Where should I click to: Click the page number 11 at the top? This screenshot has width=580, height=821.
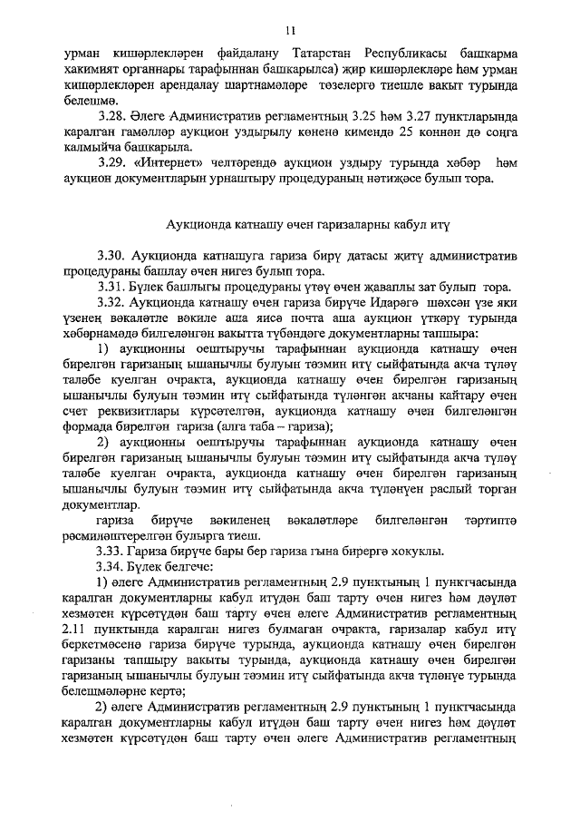tap(290, 31)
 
